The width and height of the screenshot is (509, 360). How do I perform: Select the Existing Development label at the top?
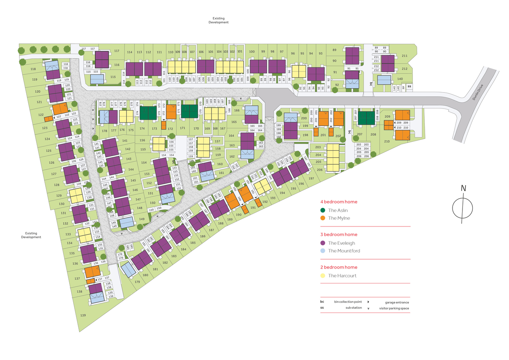coord(219,20)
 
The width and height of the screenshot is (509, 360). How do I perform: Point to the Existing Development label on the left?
coord(31,235)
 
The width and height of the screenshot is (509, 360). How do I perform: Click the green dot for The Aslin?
coord(323,210)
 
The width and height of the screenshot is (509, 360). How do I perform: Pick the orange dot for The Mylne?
coord(323,218)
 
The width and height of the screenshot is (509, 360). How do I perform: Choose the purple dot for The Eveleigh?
coord(323,243)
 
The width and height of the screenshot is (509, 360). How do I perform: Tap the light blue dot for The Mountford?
coord(323,251)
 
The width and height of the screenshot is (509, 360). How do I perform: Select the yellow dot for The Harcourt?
coord(323,275)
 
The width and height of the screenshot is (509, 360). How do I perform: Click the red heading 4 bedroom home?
coord(337,202)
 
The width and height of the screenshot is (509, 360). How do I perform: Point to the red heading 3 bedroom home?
coord(337,234)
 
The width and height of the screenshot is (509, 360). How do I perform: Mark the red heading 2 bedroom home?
coord(337,267)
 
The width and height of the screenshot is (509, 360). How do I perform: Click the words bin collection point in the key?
coord(348,302)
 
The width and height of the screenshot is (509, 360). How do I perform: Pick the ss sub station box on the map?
coord(409,86)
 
